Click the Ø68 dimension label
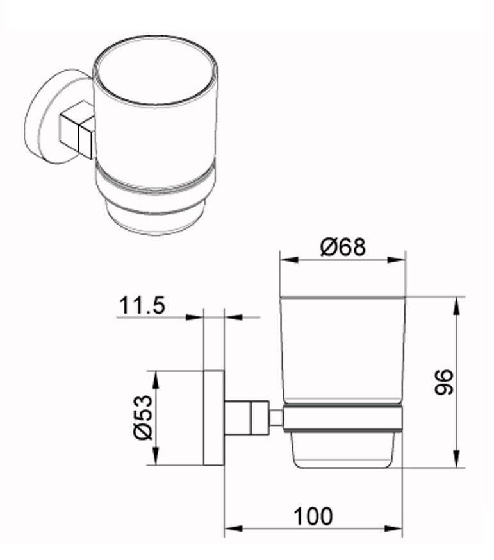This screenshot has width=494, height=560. point(343,247)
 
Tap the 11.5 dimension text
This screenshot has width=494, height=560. point(142,306)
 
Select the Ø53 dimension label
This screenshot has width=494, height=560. point(144,417)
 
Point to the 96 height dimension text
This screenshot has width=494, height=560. point(444,382)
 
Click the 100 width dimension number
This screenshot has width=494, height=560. point(313,516)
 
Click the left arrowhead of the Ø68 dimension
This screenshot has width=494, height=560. point(289,260)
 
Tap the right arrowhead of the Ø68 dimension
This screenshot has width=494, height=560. point(397,260)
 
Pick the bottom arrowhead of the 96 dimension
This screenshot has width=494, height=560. point(456,458)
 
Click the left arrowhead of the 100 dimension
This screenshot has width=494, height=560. point(234,529)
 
